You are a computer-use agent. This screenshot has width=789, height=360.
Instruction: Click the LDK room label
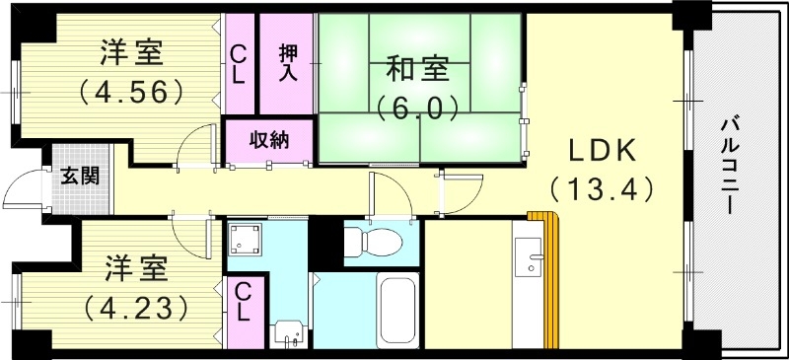(603, 151)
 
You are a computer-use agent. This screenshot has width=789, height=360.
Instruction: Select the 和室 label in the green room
(417, 71)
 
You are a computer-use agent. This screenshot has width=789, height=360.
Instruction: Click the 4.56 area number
(132, 92)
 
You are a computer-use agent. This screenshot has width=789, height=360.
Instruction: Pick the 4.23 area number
(136, 308)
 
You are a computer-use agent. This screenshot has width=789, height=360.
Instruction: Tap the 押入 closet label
(288, 65)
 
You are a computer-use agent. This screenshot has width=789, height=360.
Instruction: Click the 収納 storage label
(268, 139)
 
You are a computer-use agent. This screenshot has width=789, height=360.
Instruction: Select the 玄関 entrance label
(80, 178)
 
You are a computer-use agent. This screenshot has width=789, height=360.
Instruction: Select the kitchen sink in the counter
(534, 258)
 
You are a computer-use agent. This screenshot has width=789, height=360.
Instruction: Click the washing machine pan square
(246, 240)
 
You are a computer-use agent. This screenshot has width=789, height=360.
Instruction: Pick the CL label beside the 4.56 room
(239, 65)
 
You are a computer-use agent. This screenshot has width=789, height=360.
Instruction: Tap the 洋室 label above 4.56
(132, 52)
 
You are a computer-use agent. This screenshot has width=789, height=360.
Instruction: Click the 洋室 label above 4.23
(136, 268)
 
